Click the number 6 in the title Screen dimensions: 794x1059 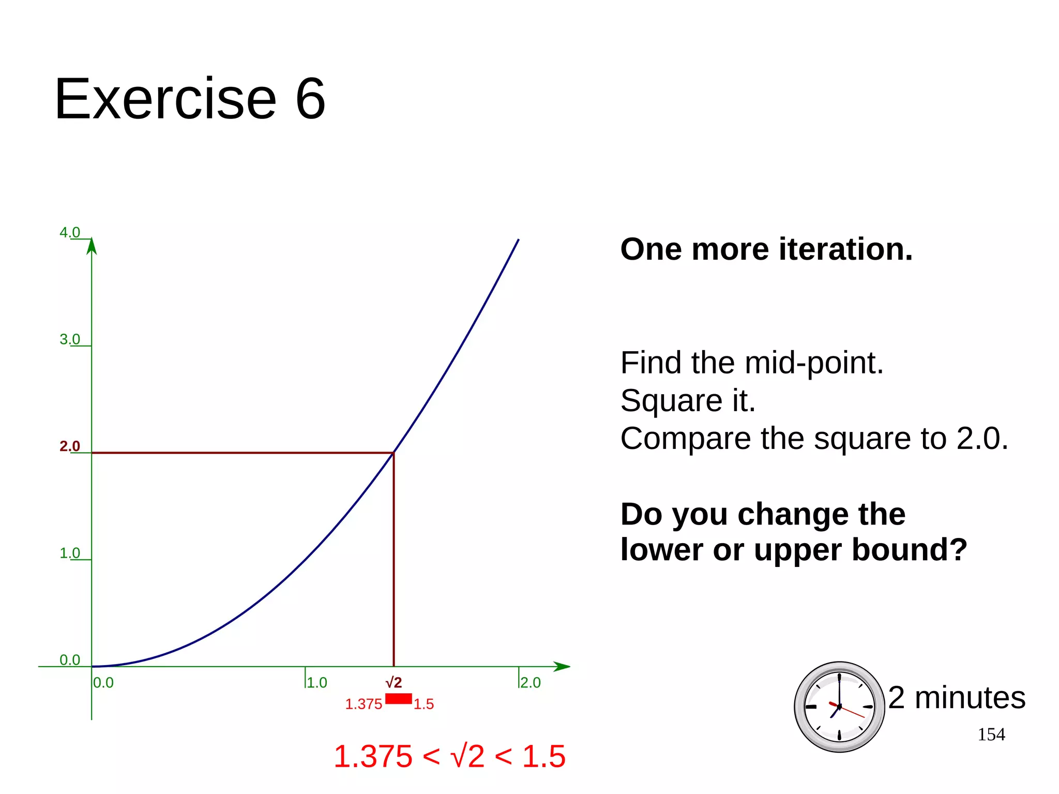pyautogui.click(x=310, y=99)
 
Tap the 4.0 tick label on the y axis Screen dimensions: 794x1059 pyautogui.click(x=70, y=232)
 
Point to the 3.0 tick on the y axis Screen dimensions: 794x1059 pyautogui.click(x=70, y=339)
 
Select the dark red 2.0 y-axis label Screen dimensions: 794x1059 pyautogui.click(x=70, y=446)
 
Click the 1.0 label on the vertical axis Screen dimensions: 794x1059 pyautogui.click(x=70, y=553)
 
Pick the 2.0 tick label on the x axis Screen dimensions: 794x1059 pyautogui.click(x=530, y=683)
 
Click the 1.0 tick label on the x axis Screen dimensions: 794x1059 pyautogui.click(x=316, y=683)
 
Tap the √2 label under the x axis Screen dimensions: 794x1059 pyautogui.click(x=394, y=682)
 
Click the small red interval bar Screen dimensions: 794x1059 pyautogui.click(x=398, y=699)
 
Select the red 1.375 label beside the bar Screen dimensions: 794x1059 pyautogui.click(x=364, y=704)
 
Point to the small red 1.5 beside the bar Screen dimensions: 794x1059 pyautogui.click(x=423, y=704)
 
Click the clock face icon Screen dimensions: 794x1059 pyautogui.click(x=839, y=707)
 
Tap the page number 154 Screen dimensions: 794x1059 pyautogui.click(x=991, y=734)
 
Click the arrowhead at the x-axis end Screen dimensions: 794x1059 pyautogui.click(x=562, y=666)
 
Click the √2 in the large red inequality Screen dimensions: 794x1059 pyautogui.click(x=467, y=756)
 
